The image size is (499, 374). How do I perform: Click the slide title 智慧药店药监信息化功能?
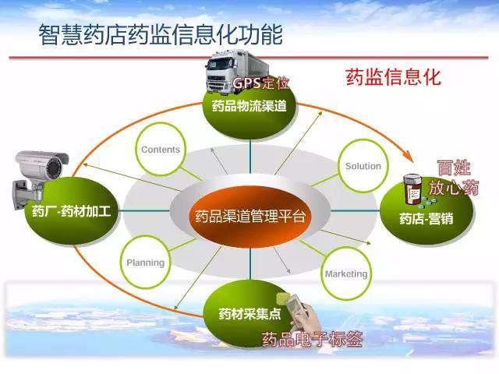[x=161, y=34]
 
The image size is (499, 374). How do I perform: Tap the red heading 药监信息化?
[x=394, y=77]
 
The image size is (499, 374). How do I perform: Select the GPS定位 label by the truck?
[x=261, y=83]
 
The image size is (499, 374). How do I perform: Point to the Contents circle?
[x=161, y=149]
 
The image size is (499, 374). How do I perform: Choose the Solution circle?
[x=363, y=166]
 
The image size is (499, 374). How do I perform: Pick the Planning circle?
[x=146, y=263]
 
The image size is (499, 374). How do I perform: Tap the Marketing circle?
[x=346, y=273]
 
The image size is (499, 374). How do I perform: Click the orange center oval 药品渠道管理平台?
[x=250, y=216]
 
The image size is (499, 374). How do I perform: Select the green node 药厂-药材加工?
[x=71, y=211]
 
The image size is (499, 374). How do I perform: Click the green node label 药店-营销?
[x=426, y=219]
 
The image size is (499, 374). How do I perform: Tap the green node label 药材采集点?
[x=249, y=314]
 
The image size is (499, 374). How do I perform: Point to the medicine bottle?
[x=412, y=189]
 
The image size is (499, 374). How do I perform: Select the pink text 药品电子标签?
[x=312, y=339]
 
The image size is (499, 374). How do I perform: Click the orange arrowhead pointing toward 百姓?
[x=409, y=155]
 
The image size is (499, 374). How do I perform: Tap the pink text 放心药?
[x=454, y=188]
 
